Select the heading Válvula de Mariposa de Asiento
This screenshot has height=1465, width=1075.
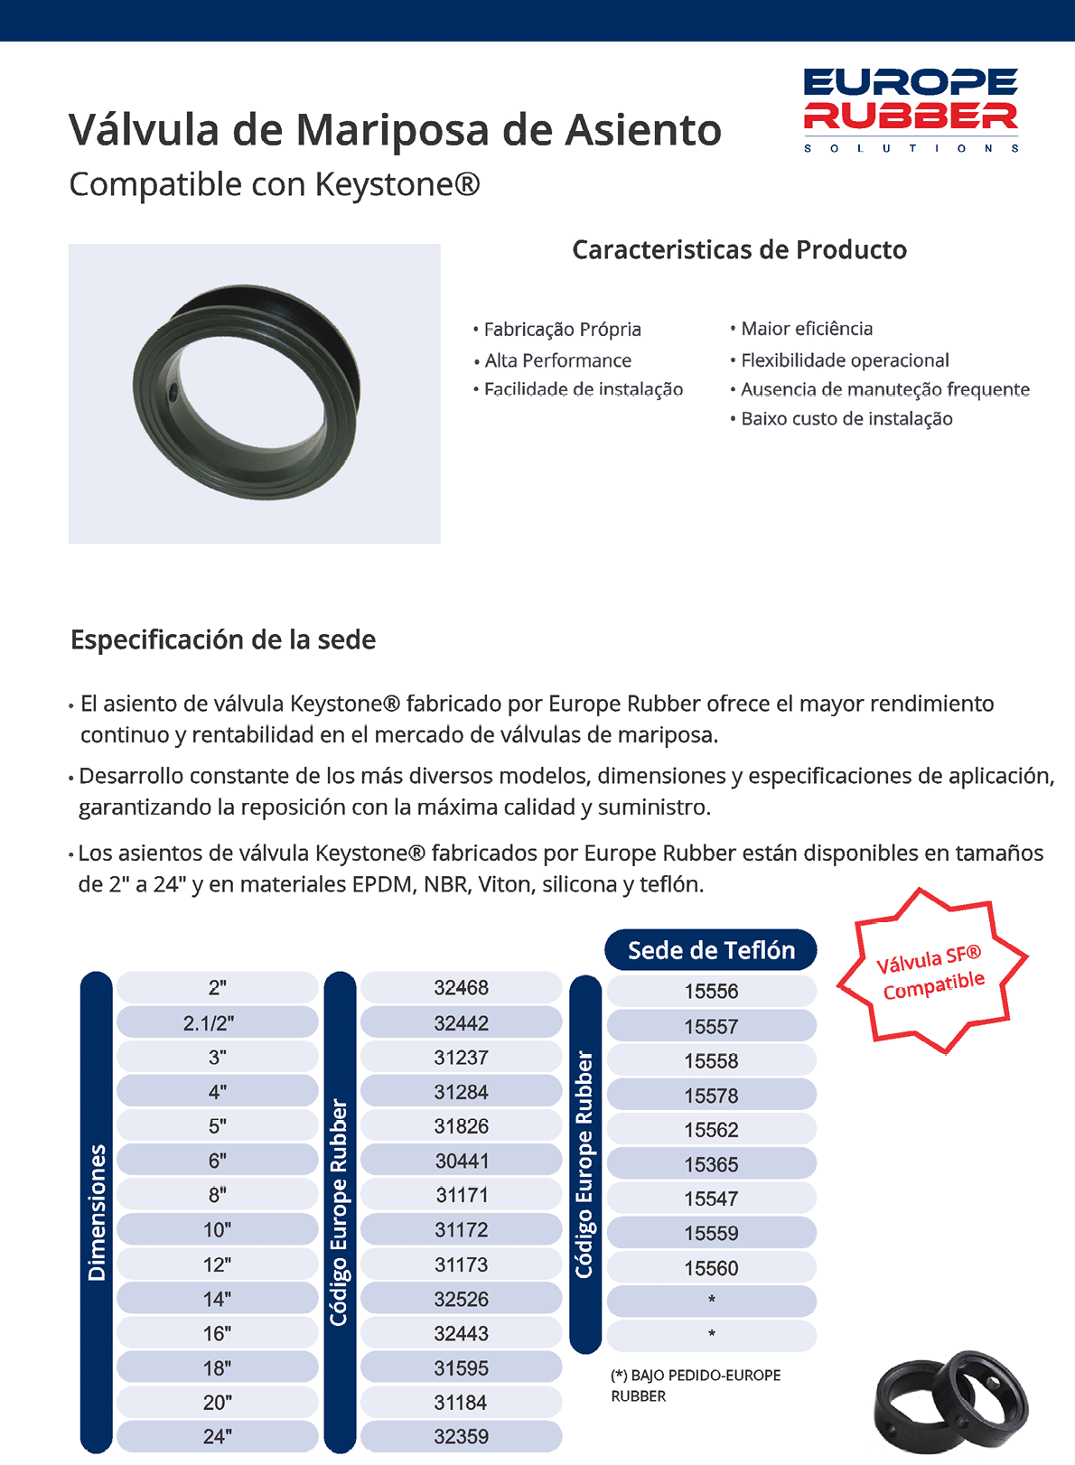point(395,130)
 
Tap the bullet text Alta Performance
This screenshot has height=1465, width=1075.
point(557,360)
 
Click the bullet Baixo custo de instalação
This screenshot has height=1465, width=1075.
point(846,418)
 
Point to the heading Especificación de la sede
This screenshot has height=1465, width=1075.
point(223,639)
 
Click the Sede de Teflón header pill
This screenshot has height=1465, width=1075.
point(711,950)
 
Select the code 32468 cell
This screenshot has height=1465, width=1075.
point(461,988)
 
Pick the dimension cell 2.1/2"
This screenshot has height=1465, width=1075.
point(217,1023)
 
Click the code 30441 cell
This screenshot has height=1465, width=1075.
point(461,1161)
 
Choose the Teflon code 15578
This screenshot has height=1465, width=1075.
point(711,1096)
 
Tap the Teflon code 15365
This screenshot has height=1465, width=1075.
point(711,1165)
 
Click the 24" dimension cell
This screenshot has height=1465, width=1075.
point(217,1436)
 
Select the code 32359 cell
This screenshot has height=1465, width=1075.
point(461,1436)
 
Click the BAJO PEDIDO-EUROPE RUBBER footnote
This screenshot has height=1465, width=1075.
point(696,1386)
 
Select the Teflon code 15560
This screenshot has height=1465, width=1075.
point(711,1268)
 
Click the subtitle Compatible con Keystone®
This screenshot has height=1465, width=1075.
point(275,184)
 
